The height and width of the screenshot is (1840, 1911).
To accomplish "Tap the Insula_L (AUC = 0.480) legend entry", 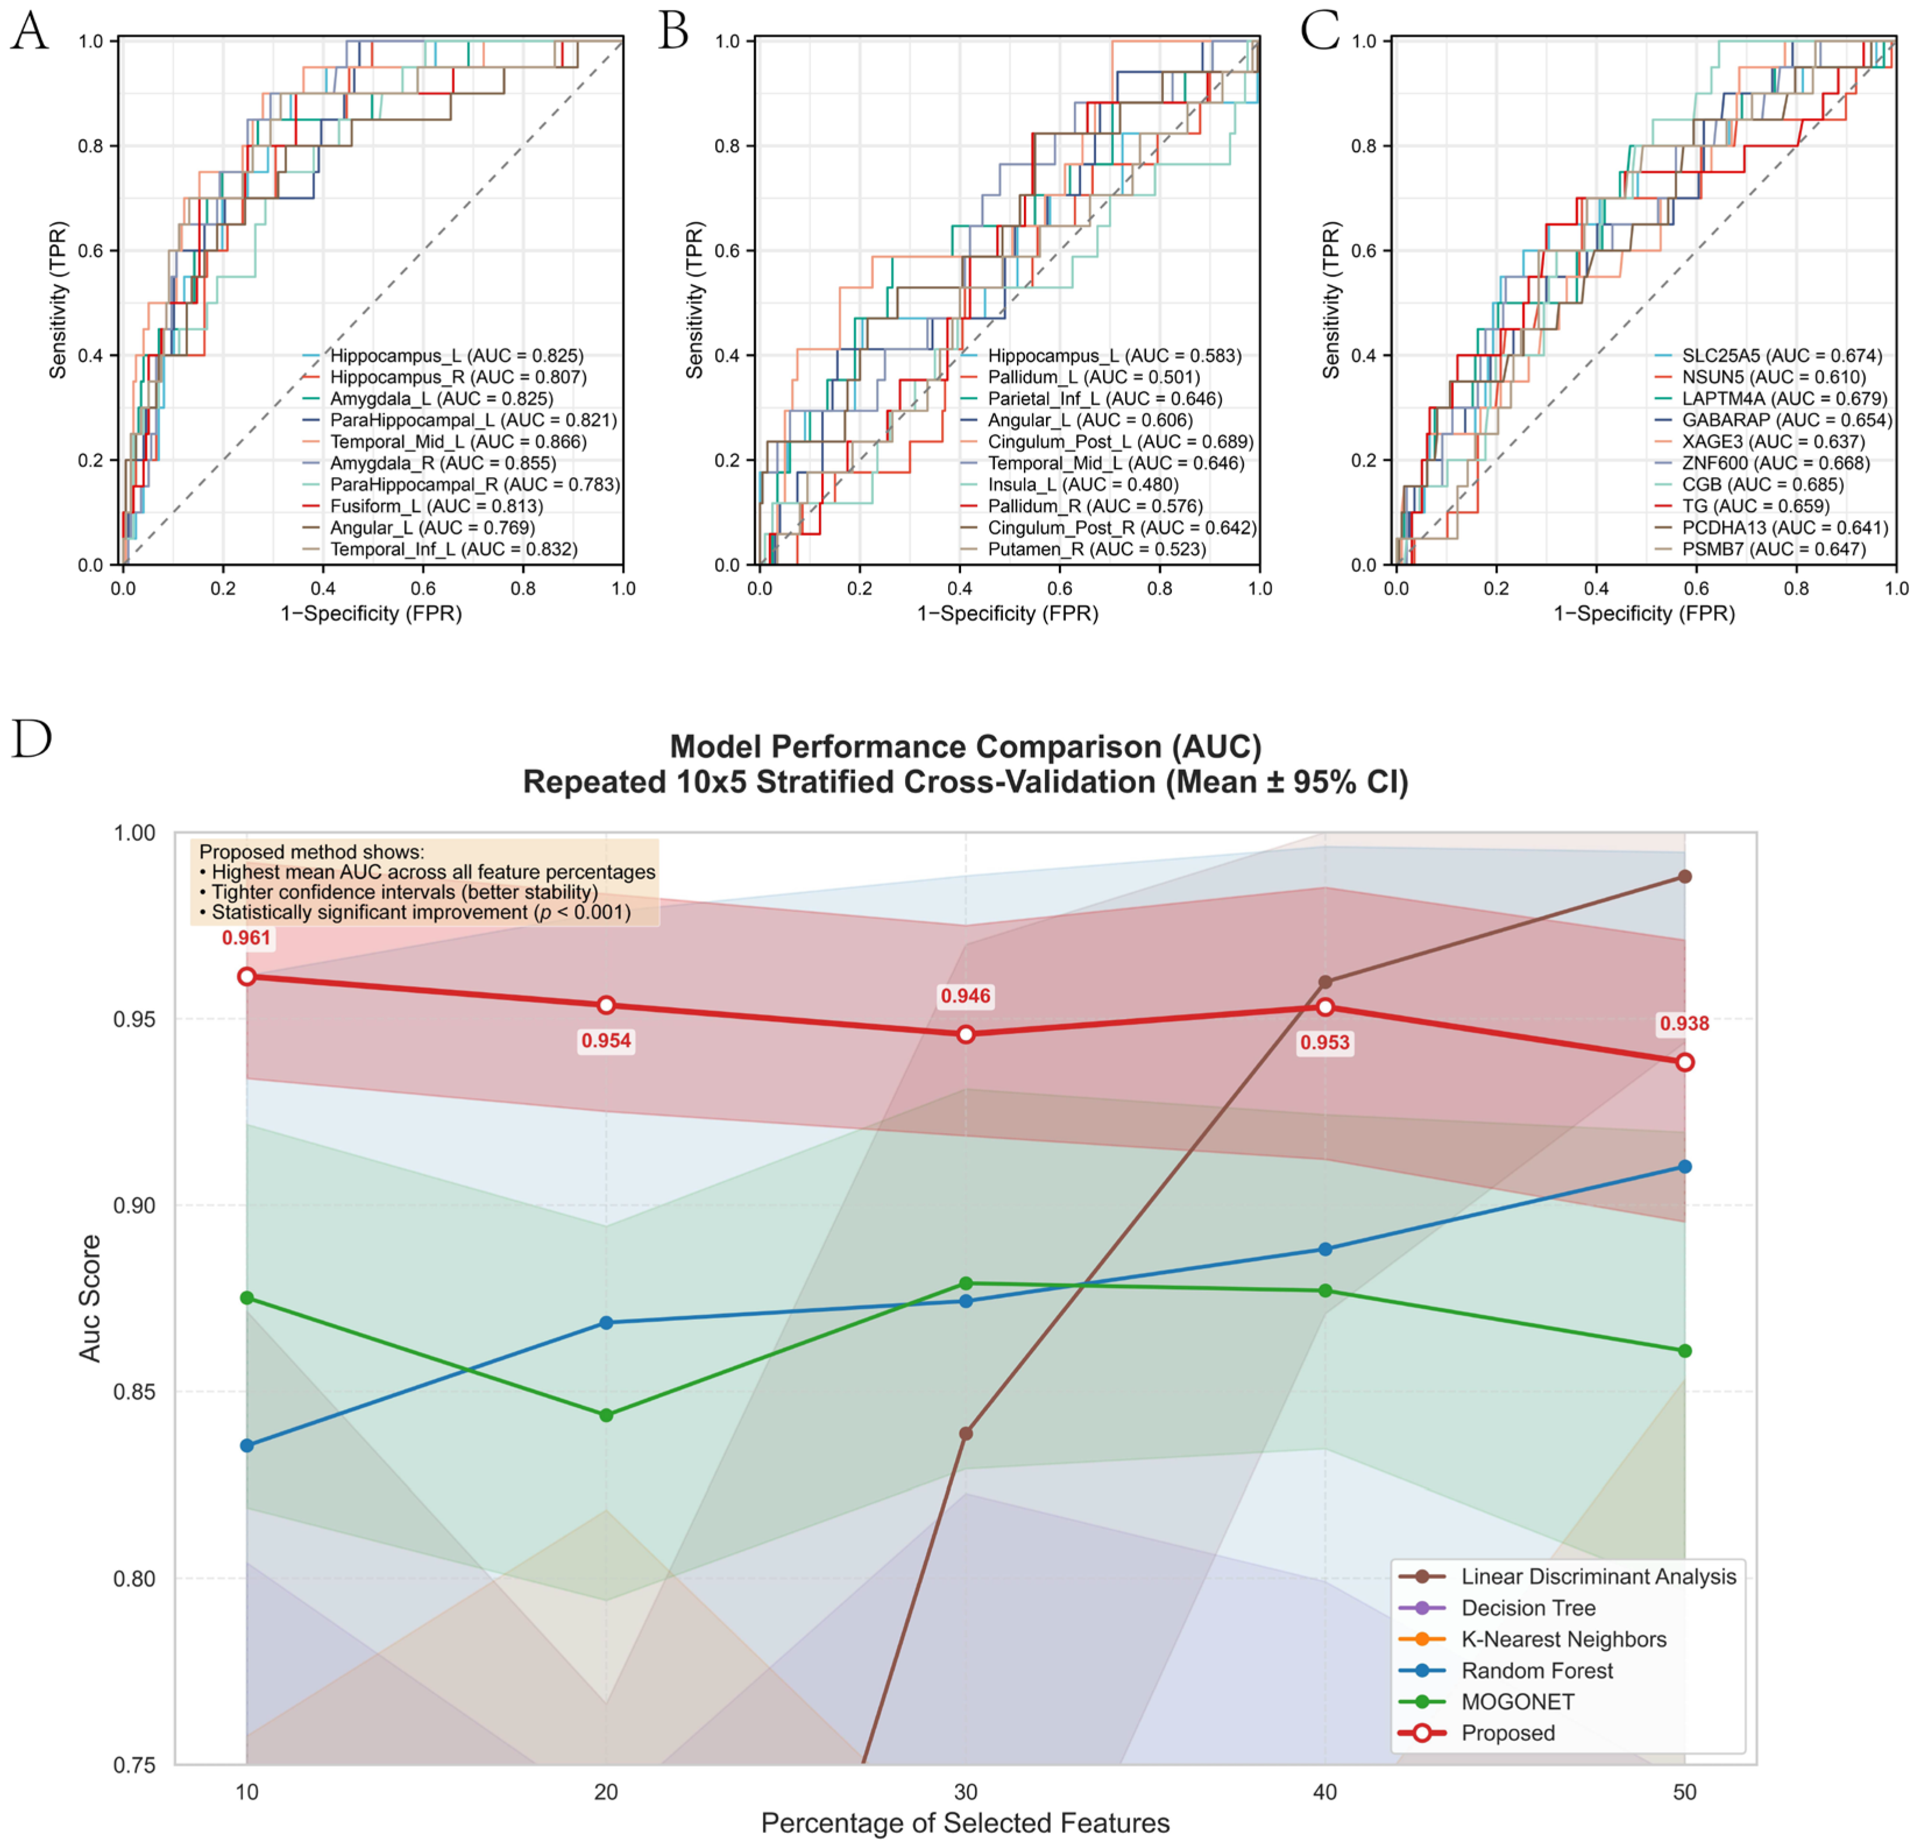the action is [x=1069, y=485].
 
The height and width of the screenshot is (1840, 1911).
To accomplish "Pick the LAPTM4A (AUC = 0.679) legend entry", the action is [x=1772, y=399].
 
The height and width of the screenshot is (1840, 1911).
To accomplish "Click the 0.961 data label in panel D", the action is [x=247, y=938].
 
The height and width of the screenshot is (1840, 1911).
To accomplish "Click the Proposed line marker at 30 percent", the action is [x=965, y=1034].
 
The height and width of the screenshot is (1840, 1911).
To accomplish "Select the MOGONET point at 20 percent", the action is [x=606, y=1415].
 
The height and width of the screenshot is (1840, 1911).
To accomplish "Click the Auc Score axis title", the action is [x=90, y=1298].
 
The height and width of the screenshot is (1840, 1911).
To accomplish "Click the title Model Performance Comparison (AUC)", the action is [x=965, y=746].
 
